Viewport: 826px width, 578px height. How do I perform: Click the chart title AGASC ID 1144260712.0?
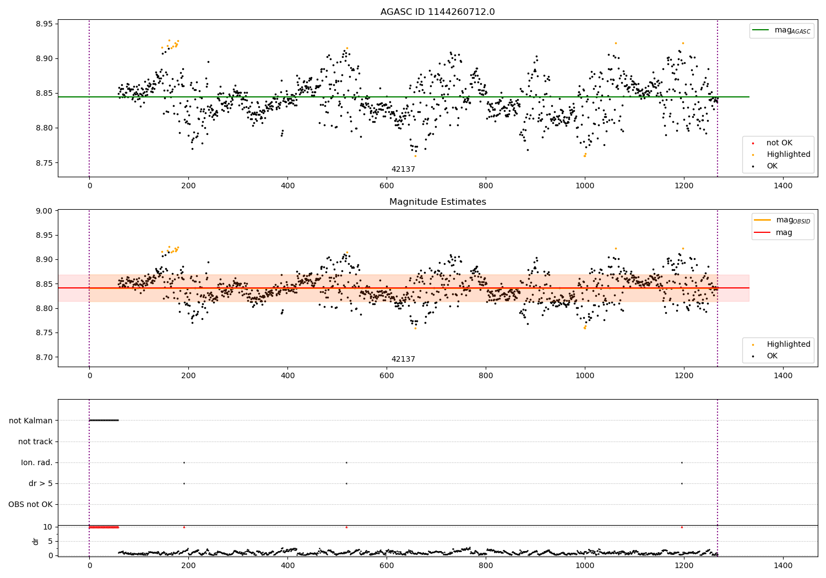(x=437, y=12)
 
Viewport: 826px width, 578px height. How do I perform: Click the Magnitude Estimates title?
(x=437, y=202)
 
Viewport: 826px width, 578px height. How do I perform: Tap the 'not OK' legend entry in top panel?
(x=779, y=143)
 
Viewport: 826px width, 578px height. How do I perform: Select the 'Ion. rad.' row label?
(x=37, y=462)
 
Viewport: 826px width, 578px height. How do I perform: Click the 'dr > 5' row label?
(x=41, y=483)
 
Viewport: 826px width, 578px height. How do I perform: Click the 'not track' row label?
(x=35, y=441)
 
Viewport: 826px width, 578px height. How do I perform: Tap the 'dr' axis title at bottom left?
(x=36, y=541)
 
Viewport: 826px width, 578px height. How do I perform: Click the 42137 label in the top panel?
(x=403, y=170)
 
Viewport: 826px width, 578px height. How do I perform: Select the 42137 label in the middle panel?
(x=403, y=359)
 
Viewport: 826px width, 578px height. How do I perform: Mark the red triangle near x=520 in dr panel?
(x=346, y=527)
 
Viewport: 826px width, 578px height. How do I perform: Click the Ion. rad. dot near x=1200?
(x=682, y=462)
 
